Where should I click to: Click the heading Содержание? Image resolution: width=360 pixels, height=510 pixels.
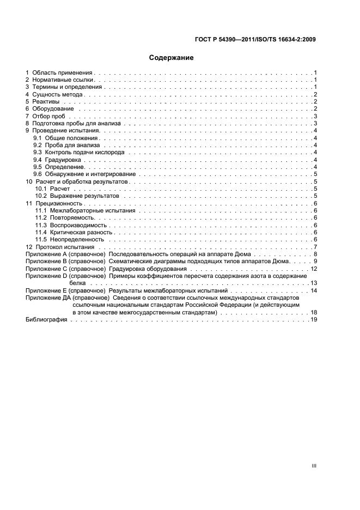click(172, 57)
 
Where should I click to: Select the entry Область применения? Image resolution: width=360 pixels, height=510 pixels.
click(63, 72)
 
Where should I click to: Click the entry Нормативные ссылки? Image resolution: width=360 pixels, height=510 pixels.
click(63, 80)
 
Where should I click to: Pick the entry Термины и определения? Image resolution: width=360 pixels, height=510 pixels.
click(67, 87)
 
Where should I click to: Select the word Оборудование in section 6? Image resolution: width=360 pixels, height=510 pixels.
click(51, 109)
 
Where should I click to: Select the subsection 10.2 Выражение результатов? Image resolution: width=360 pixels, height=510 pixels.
click(77, 195)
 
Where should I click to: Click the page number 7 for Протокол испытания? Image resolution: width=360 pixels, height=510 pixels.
click(315, 247)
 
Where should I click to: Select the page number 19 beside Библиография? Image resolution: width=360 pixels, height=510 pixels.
click(313, 319)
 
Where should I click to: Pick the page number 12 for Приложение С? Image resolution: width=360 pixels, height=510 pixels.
click(313, 269)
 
